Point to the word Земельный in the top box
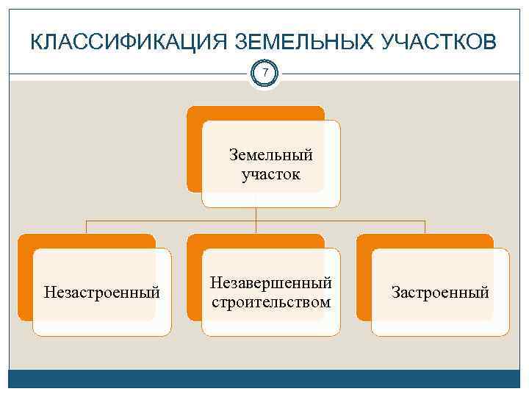pos(270,155)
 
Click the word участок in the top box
pos(270,174)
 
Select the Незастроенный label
pos(101,293)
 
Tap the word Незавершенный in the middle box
pos(270,283)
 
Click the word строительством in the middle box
pos(270,301)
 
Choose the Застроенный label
pos(439,293)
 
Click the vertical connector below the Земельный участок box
pos(256,214)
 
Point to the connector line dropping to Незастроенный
pos(87,226)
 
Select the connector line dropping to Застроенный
pos(425,226)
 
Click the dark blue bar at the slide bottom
pos(264,378)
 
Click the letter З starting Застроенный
pos(396,293)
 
